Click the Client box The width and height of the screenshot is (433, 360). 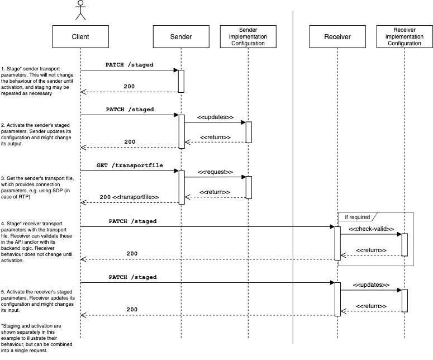pyautogui.click(x=80, y=37)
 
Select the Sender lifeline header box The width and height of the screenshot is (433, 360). pyautogui.click(x=180, y=37)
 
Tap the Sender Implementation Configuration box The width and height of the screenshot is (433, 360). pyautogui.click(x=248, y=37)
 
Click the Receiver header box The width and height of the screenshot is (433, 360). pyautogui.click(x=337, y=37)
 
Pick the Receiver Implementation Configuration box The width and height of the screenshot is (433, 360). pyautogui.click(x=404, y=37)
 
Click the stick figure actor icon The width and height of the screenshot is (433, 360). pyautogui.click(x=80, y=10)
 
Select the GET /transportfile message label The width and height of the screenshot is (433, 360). pyautogui.click(x=129, y=166)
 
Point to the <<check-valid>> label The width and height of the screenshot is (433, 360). pyautogui.click(x=371, y=229)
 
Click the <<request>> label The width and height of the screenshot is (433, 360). pyautogui.click(x=215, y=173)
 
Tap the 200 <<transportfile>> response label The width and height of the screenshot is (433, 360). pyautogui.click(x=129, y=197)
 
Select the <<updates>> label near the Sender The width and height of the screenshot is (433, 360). pyautogui.click(x=215, y=117)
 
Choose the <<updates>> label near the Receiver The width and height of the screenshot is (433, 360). pyautogui.click(x=371, y=285)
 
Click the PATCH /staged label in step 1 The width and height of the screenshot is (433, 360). pyautogui.click(x=129, y=65)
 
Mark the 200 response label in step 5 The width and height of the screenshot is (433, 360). pyautogui.click(x=132, y=309)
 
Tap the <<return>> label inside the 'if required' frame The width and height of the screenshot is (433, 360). pyautogui.click(x=371, y=250)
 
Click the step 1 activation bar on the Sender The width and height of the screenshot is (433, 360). pyautogui.click(x=181, y=81)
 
